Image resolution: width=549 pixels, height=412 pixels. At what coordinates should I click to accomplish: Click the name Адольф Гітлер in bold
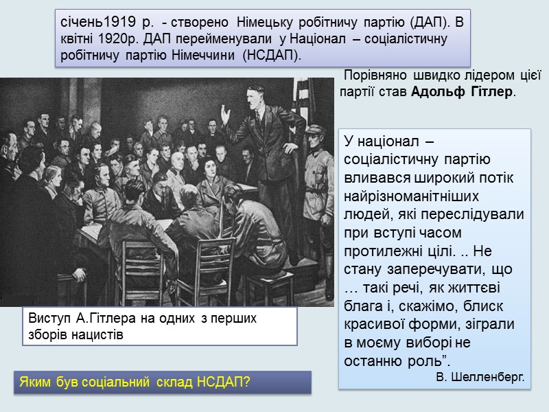click(462, 92)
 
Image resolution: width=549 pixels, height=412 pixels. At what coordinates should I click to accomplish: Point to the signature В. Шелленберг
click(480, 377)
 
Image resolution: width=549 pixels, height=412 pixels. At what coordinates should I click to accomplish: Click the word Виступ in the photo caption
click(50, 319)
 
